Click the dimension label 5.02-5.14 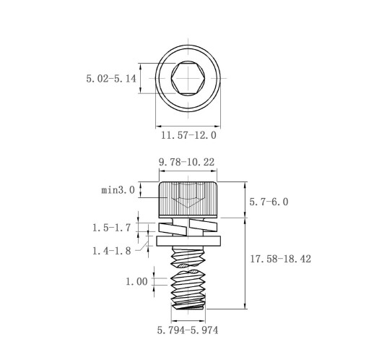[x=111, y=79]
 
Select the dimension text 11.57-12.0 [x=188, y=135]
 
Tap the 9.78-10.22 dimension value [x=186, y=162]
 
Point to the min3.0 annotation [x=118, y=190]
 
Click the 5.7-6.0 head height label [x=269, y=202]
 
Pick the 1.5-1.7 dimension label [x=112, y=228]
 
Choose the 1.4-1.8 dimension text [x=112, y=251]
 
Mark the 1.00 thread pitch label [x=136, y=281]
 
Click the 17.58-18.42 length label [x=281, y=259]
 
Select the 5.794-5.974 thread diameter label [x=188, y=330]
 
